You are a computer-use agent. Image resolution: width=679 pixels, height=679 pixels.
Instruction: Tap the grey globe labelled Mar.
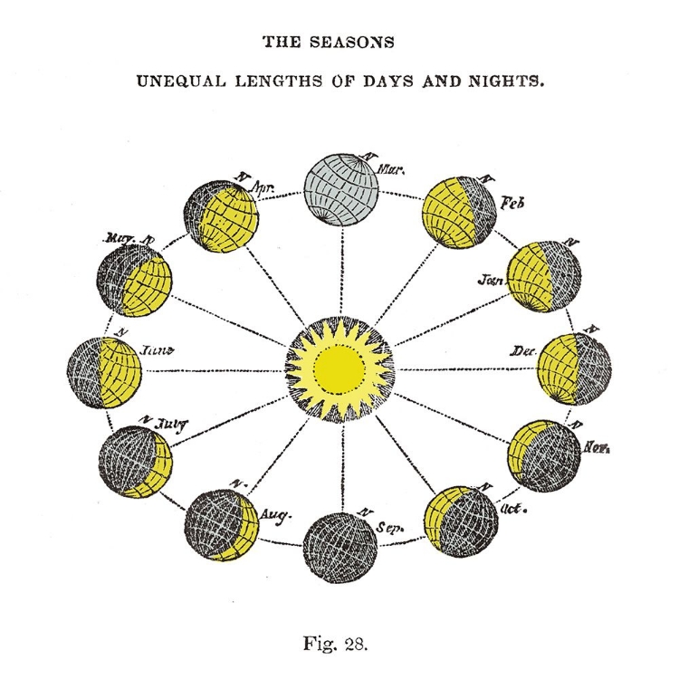(x=341, y=191)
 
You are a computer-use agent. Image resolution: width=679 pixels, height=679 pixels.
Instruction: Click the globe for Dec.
(x=575, y=368)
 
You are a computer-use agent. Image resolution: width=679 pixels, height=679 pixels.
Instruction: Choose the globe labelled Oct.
(x=462, y=521)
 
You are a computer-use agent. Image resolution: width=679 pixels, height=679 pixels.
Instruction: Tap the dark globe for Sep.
(x=340, y=547)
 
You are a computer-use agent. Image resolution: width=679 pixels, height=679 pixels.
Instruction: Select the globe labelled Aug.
(x=222, y=525)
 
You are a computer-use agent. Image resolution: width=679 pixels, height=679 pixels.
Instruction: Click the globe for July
(x=136, y=461)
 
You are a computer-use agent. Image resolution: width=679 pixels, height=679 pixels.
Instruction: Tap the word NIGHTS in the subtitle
(x=505, y=80)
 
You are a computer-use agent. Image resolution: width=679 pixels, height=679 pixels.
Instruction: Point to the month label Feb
(x=512, y=205)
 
